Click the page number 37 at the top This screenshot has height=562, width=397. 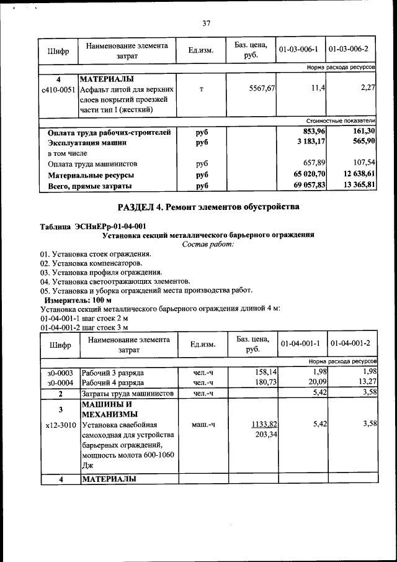206,23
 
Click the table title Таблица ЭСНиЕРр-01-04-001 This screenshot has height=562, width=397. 93,226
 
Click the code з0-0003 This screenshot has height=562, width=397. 60,373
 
